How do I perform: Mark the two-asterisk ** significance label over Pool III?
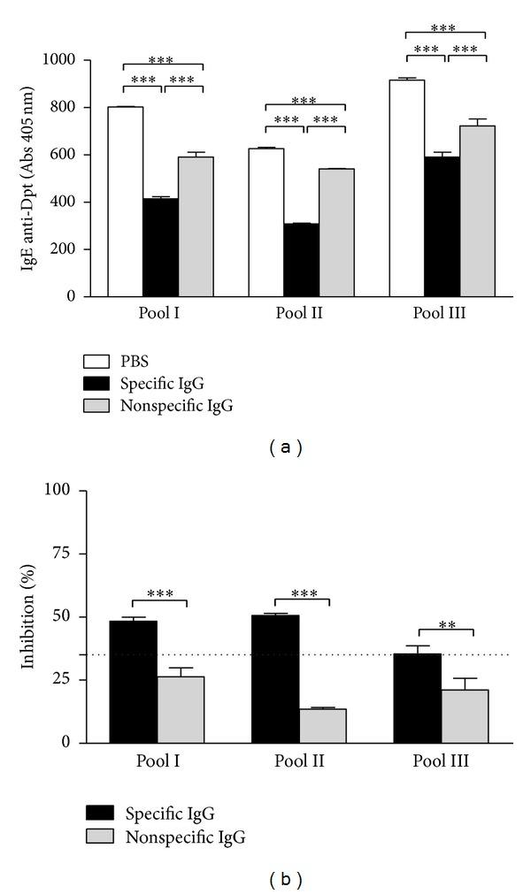(445, 624)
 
